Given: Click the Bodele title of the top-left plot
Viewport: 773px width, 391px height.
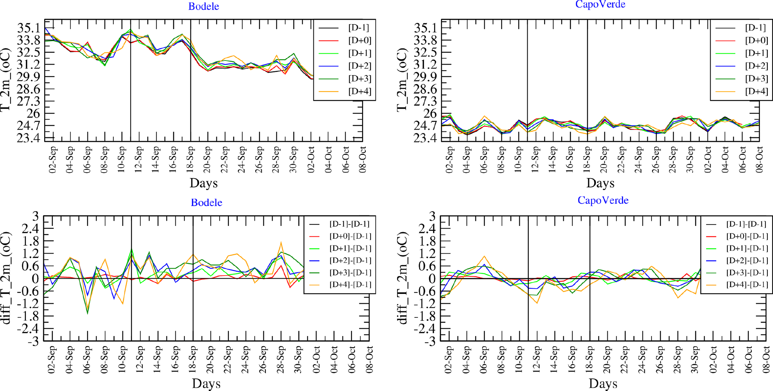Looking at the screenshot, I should (203, 6).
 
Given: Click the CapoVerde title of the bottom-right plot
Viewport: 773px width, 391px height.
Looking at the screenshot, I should (603, 200).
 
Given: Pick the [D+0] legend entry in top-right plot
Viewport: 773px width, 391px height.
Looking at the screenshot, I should (756, 40).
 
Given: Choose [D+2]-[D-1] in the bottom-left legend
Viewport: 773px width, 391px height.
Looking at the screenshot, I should (350, 260).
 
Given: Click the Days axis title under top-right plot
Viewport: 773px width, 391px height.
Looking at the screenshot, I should (600, 183).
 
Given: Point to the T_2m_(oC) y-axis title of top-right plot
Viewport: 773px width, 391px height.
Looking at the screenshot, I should (402, 80).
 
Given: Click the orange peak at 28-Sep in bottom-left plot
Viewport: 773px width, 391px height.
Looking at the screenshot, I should (281, 242).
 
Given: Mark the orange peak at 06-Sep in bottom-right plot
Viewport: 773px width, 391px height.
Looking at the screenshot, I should (485, 256).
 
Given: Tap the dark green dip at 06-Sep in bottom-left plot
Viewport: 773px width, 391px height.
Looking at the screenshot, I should (88, 313).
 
